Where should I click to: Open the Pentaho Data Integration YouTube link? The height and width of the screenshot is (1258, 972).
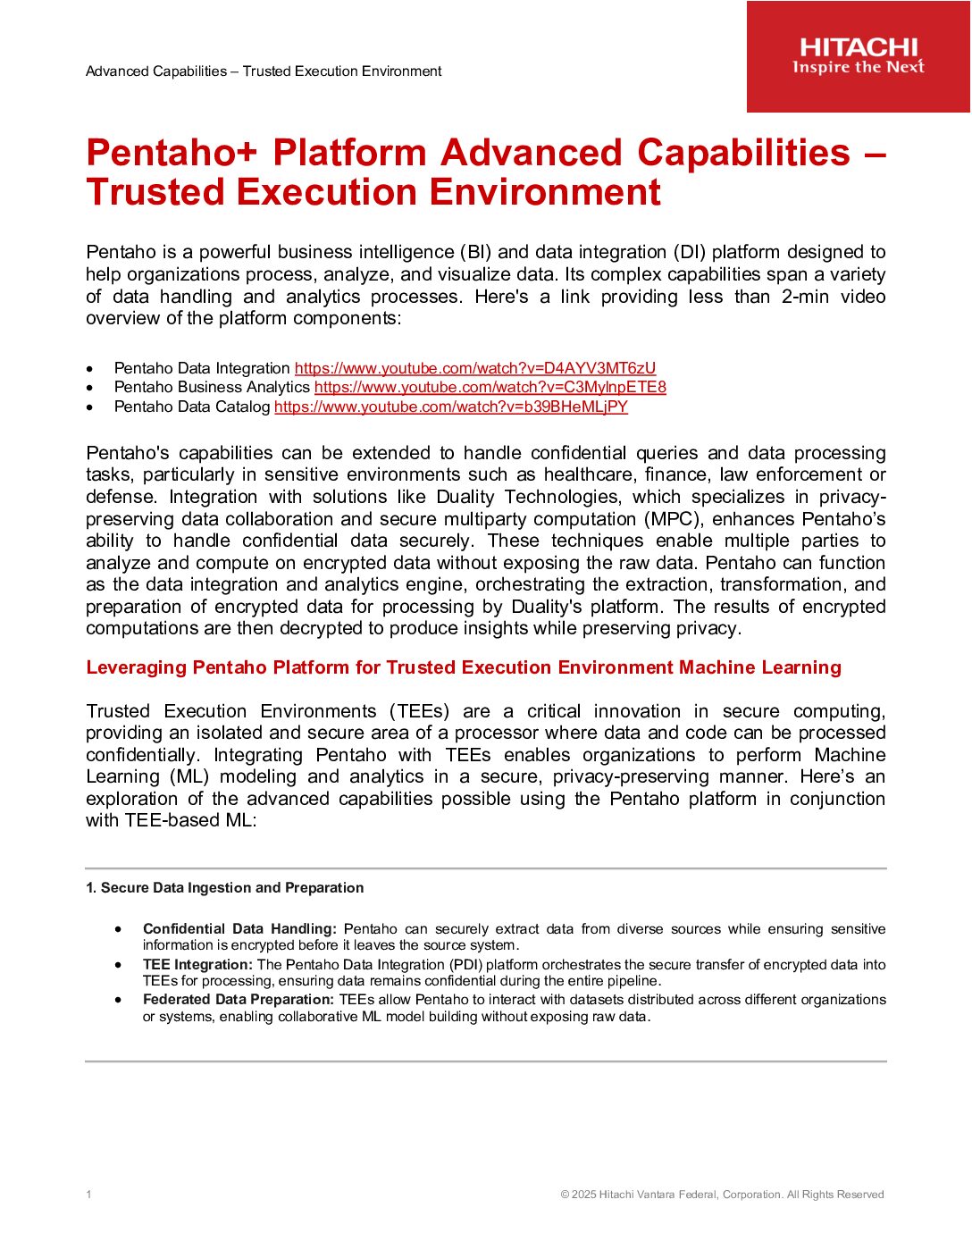474,368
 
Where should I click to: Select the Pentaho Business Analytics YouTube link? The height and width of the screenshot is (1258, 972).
490,387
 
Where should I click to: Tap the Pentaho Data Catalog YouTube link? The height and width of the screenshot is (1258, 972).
450,407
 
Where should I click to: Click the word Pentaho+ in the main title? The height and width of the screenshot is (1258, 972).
171,153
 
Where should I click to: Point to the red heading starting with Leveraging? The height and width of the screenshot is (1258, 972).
463,667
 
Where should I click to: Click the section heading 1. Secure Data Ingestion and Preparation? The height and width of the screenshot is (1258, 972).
224,887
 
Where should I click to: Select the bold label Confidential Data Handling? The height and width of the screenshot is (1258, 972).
239,929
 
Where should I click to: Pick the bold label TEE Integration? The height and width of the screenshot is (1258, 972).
197,965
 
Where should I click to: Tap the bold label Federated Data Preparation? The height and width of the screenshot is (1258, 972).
238,1000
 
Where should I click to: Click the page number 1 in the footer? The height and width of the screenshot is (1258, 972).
88,1195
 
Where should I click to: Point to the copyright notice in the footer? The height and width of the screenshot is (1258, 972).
722,1195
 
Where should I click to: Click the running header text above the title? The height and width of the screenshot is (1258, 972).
264,71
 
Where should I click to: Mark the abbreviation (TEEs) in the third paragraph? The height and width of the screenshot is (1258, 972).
419,711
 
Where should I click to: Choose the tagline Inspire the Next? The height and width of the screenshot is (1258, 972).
859,68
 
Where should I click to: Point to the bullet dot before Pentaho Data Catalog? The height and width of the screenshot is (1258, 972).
89,407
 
